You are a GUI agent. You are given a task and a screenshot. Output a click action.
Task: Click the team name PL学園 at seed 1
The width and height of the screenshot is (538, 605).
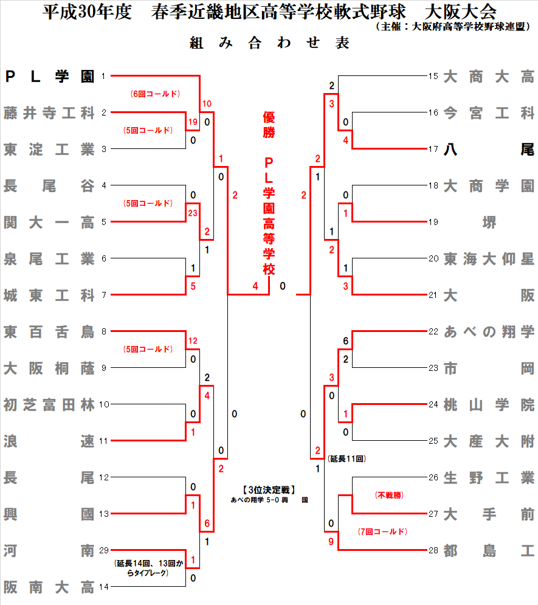49,77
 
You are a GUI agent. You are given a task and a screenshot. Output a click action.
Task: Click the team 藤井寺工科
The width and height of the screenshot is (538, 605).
49,113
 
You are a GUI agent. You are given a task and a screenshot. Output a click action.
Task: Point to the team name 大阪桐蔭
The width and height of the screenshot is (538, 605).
49,368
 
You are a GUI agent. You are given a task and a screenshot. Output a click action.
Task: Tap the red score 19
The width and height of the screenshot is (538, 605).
193,122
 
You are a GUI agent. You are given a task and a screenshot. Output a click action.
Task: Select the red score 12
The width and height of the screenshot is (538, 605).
193,341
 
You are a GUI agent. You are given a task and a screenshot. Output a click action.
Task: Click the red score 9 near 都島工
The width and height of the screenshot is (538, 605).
331,542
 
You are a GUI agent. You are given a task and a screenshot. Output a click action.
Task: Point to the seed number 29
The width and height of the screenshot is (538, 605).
103,550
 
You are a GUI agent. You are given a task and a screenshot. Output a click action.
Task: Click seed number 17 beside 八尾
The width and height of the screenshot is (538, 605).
433,149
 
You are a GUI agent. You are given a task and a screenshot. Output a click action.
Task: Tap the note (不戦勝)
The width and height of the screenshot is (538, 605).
389,496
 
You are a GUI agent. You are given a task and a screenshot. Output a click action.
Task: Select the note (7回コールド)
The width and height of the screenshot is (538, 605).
382,532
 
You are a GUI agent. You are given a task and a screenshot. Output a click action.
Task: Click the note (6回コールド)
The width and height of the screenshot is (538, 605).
156,94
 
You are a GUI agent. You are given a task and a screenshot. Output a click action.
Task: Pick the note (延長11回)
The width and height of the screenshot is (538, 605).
346,458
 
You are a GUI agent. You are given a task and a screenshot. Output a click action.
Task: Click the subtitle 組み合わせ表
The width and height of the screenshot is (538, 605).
269,43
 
